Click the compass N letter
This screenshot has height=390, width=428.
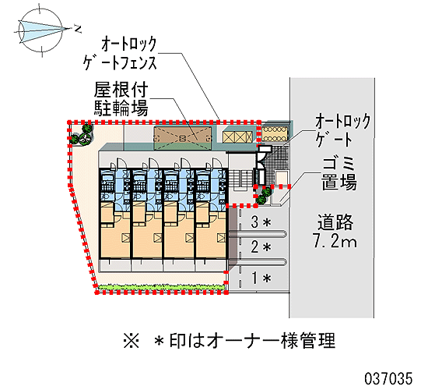tap(78, 29)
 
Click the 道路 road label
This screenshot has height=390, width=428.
tap(335, 222)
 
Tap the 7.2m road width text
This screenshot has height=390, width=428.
tap(335, 241)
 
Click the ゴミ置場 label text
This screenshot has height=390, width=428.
tap(339, 173)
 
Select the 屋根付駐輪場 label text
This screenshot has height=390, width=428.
tap(121, 99)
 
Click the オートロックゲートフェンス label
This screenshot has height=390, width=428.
tap(120, 54)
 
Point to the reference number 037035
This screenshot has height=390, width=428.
tap(388, 379)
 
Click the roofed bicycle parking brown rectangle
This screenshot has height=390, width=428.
tap(183, 139)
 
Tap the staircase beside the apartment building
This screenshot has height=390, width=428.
tap(240, 179)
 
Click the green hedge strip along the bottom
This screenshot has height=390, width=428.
tap(163, 287)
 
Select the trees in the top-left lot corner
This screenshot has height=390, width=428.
tap(82, 134)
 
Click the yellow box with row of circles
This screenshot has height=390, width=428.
tap(275, 134)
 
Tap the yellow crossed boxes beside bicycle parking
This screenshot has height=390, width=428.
tap(237, 136)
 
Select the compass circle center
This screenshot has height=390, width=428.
tap(41, 30)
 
